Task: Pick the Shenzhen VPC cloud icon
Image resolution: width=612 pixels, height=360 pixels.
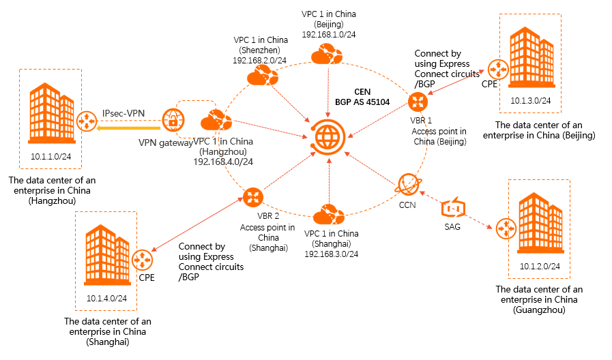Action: pyautogui.click(x=257, y=77)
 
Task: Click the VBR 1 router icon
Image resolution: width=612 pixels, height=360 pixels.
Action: pyautogui.click(x=417, y=102)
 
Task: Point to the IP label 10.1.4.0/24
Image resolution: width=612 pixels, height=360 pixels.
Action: pyautogui.click(x=107, y=298)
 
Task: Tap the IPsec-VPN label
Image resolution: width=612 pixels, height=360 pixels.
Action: pyautogui.click(x=123, y=112)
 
